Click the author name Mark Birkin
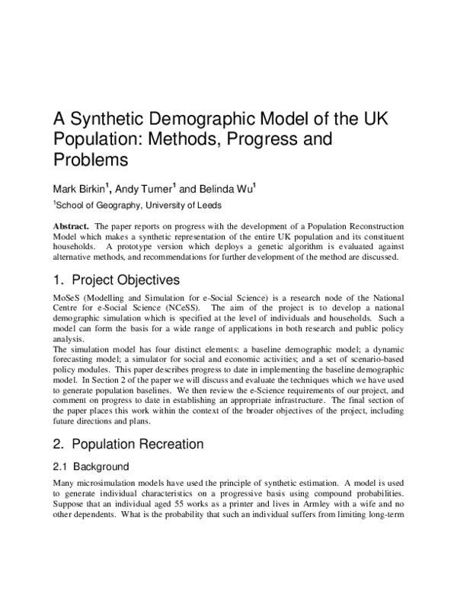click(x=79, y=189)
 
